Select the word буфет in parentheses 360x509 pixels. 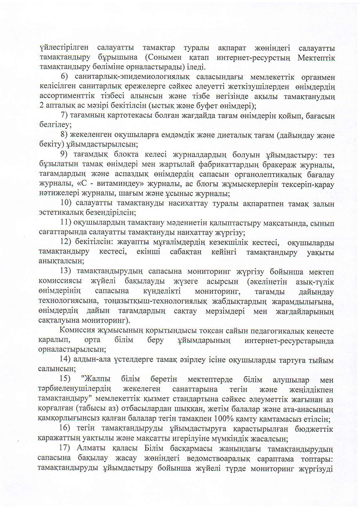(204, 106)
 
